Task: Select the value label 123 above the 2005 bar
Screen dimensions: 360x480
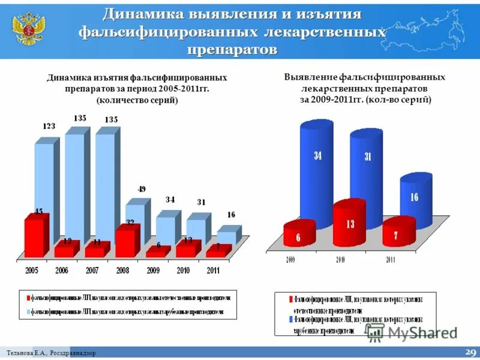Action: [x=49, y=126]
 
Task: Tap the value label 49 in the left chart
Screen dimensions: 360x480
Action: [x=142, y=189]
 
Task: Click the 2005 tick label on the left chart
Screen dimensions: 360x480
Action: [x=32, y=271]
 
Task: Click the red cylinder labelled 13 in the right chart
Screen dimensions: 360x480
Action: [x=349, y=224]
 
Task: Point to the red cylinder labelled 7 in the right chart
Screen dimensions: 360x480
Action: [x=398, y=232]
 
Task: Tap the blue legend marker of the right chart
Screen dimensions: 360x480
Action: [x=290, y=319]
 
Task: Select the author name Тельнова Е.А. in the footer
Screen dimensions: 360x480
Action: [x=28, y=353]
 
